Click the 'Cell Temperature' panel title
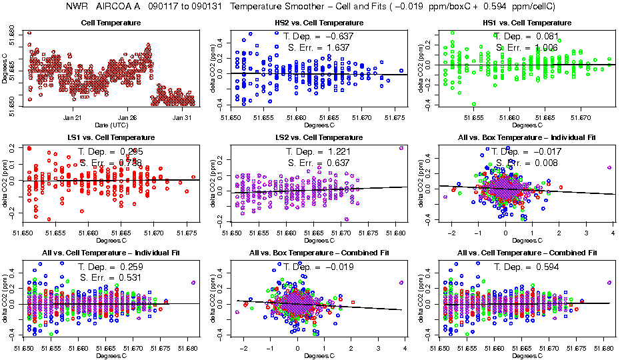point(111,23)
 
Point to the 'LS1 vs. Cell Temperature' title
point(111,137)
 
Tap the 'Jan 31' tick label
point(183,117)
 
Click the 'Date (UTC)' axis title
point(111,125)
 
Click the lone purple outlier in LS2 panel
point(401,148)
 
